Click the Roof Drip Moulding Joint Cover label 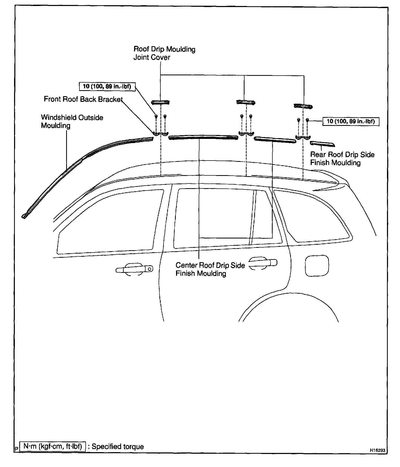coord(164,53)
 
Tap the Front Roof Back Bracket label coord(83,99)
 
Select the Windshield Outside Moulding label coord(72,121)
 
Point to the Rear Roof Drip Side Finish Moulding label coord(342,159)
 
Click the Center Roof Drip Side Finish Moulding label coord(210,269)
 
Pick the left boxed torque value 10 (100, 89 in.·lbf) coord(107,87)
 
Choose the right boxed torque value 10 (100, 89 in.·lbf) coord(351,121)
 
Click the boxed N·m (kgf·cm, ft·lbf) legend coord(53,446)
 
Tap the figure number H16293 coord(378,450)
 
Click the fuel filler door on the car coord(317,266)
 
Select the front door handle coord(135,269)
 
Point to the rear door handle coord(263,263)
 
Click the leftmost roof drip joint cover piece coord(160,102)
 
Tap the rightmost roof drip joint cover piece coord(303,106)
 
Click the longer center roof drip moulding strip coord(203,137)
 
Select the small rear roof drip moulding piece coord(322,144)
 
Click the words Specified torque coord(118,447)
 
